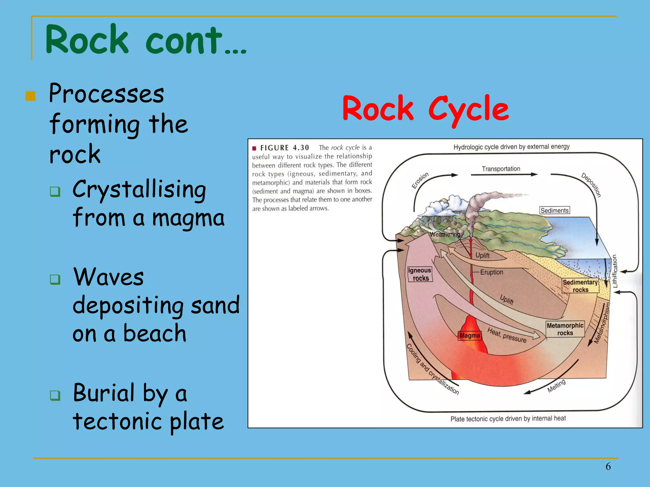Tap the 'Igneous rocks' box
click(x=420, y=274)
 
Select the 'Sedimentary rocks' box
click(x=580, y=286)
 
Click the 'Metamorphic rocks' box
click(x=565, y=329)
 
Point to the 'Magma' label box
click(x=469, y=335)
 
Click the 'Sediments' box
click(x=554, y=211)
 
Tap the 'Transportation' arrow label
click(x=501, y=169)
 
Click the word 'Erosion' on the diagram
click(x=420, y=180)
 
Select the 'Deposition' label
click(x=591, y=185)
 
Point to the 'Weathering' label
click(x=445, y=234)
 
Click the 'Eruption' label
click(x=491, y=272)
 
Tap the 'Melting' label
click(x=556, y=386)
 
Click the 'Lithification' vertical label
click(x=615, y=271)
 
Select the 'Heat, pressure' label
click(x=507, y=335)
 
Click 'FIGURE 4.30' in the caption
click(x=284, y=148)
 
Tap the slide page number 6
click(x=608, y=466)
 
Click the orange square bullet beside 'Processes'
click(x=30, y=96)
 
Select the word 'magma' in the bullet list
click(x=188, y=218)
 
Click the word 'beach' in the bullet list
click(x=155, y=334)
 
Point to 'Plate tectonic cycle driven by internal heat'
click(x=508, y=419)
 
